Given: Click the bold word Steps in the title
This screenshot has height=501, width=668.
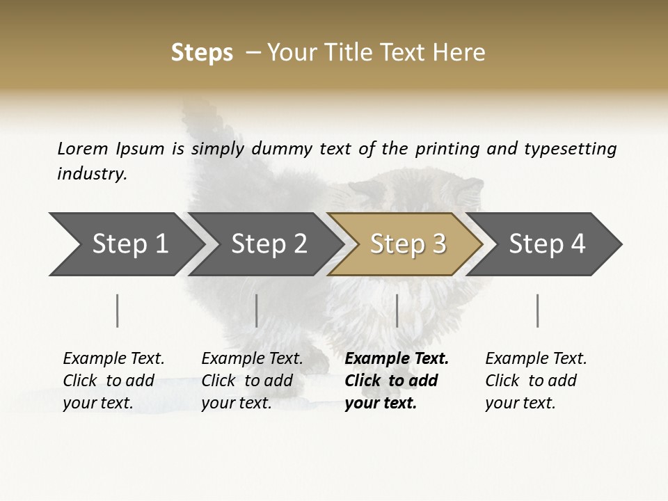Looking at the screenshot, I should pyautogui.click(x=202, y=53).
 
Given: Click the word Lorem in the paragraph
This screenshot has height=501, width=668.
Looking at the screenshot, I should pyautogui.click(x=83, y=148).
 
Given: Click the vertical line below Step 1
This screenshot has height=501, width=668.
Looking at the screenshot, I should pyautogui.click(x=118, y=310).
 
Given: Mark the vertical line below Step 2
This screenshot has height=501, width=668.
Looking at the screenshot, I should pyautogui.click(x=257, y=310).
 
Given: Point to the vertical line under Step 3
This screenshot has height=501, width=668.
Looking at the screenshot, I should pyautogui.click(x=397, y=310).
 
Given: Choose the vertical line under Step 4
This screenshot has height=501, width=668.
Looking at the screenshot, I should pyautogui.click(x=537, y=310).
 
